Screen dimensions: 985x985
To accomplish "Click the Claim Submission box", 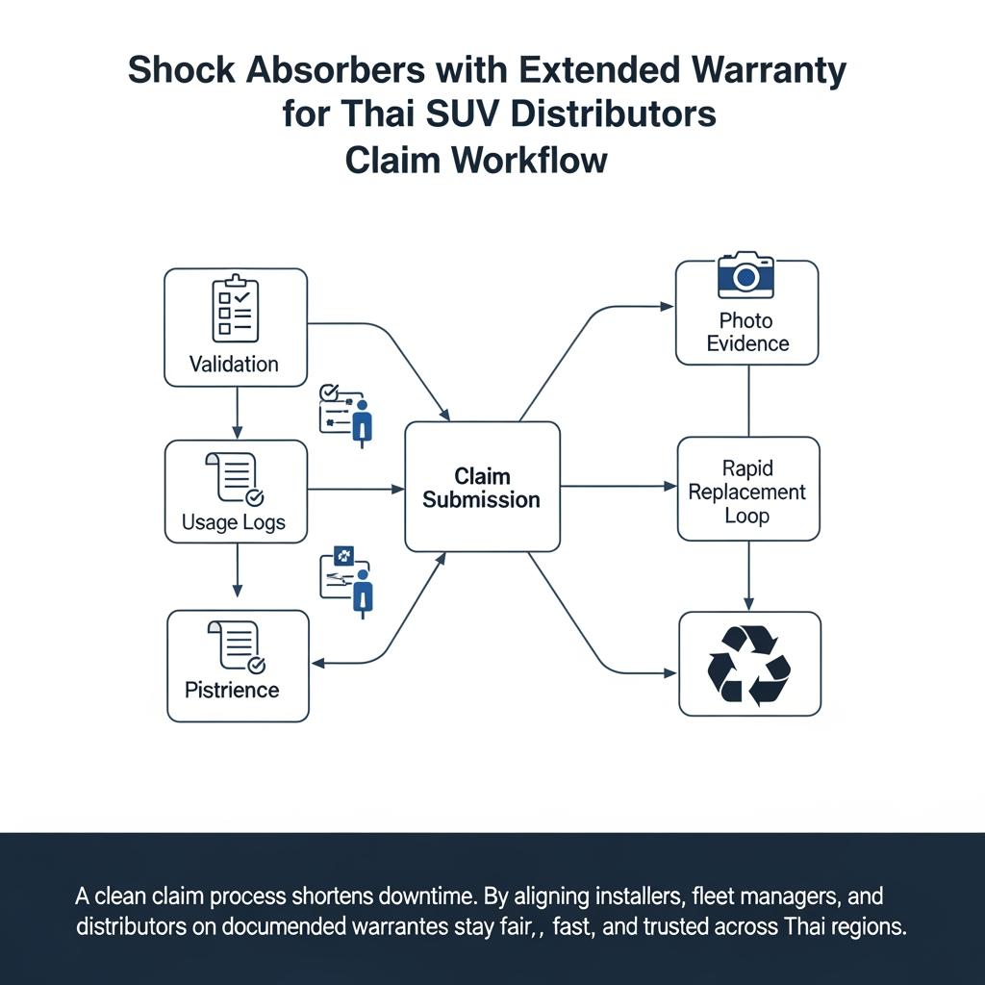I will pyautogui.click(x=482, y=487).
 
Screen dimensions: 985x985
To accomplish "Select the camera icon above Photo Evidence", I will pyautogui.click(x=746, y=275).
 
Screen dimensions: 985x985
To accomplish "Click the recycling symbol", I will pyautogui.click(x=749, y=664).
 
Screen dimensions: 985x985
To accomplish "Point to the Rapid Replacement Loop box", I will pyautogui.click(x=748, y=489).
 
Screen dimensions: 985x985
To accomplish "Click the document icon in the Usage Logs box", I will pyautogui.click(x=235, y=478).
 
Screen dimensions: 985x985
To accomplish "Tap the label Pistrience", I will pyautogui.click(x=232, y=690).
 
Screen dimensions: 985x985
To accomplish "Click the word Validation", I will pyautogui.click(x=234, y=364).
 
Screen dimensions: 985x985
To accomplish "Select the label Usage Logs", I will pyautogui.click(x=233, y=524).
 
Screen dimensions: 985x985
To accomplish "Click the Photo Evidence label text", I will pyautogui.click(x=746, y=332).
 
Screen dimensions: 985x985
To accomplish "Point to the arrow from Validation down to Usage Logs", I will pyautogui.click(x=237, y=414).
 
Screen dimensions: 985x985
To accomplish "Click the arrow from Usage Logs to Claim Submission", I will pyautogui.click(x=356, y=490).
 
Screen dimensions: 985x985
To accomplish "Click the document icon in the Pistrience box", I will pyautogui.click(x=236, y=645).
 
